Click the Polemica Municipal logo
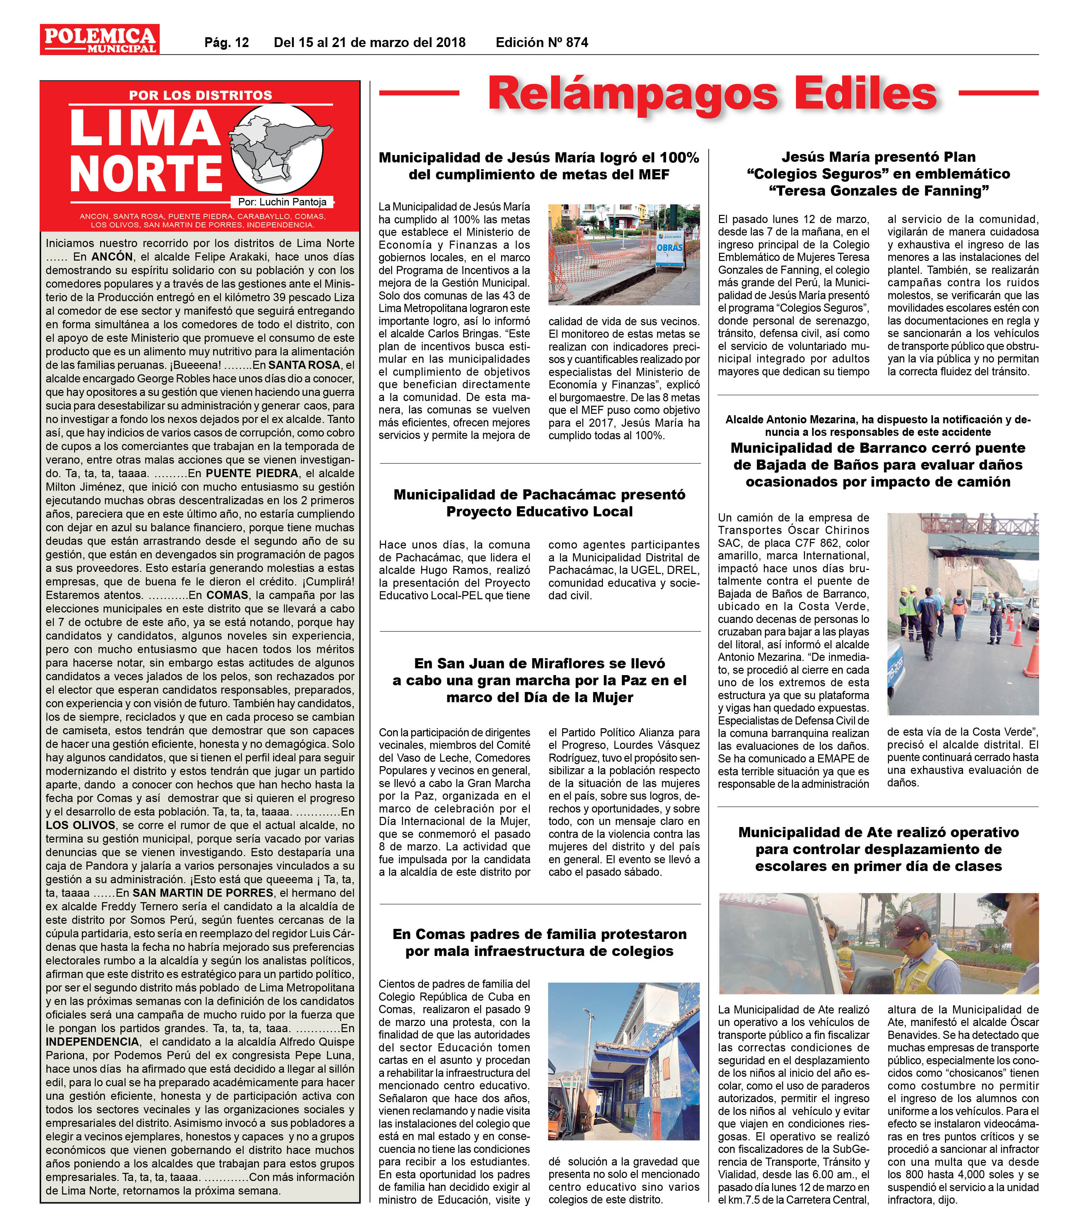pos(99,39)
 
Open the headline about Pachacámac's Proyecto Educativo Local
pos(539,503)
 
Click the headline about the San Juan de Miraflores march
pos(539,680)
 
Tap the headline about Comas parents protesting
pos(539,942)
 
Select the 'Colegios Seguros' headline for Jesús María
pos(878,174)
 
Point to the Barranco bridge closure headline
pos(878,465)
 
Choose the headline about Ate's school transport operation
pos(878,849)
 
